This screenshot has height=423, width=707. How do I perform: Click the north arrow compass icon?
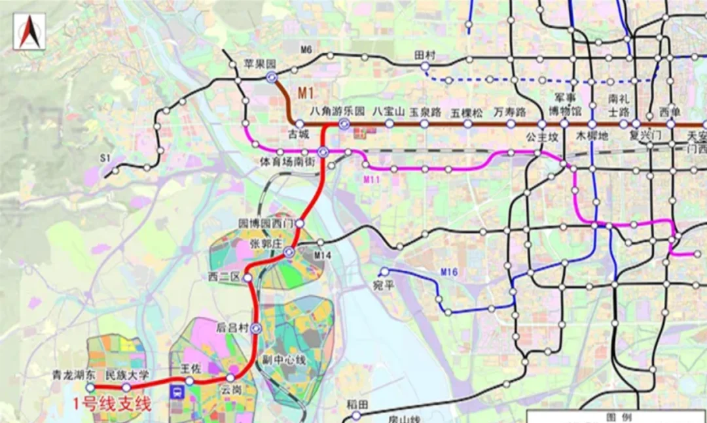29,31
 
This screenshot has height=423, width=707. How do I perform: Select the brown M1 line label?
308,93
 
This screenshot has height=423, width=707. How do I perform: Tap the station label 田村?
425,56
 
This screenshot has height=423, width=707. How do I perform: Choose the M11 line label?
372,179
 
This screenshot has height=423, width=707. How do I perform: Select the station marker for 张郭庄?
289,252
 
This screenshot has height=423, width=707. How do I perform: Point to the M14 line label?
322,255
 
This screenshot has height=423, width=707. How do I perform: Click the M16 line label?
448,271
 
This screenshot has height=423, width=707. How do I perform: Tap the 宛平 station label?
389,284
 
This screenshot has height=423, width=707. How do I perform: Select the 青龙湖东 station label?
75,375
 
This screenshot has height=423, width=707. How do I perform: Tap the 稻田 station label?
356,403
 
